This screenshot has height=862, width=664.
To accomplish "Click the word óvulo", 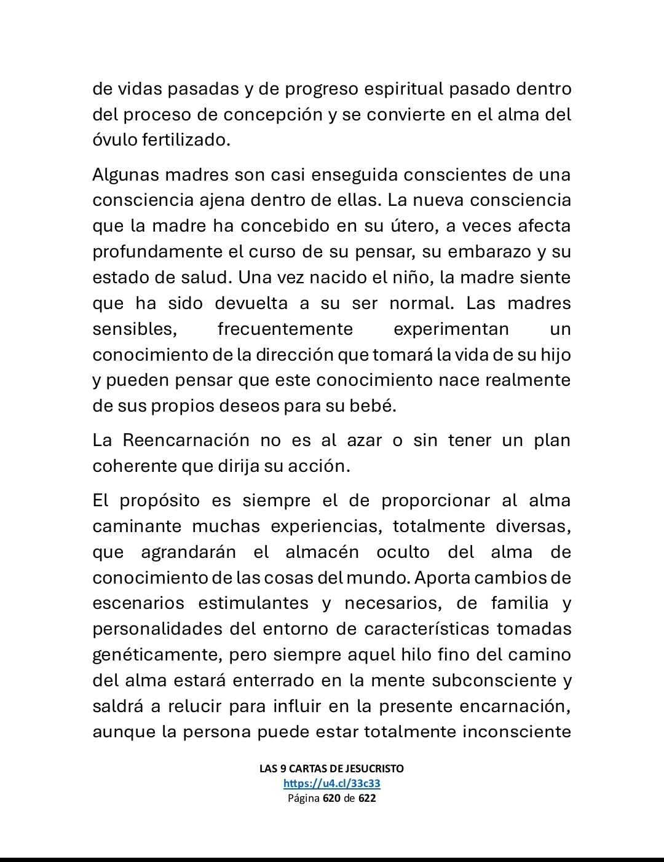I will tap(115, 140).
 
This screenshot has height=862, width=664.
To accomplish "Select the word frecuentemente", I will tap(285, 329).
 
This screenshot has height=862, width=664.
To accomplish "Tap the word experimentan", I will tap(451, 329).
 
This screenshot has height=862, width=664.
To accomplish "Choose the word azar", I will tap(365, 441).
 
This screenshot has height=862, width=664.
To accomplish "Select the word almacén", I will tap(322, 552).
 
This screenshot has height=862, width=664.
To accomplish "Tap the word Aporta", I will tap(442, 578).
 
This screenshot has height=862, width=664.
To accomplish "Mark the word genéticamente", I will tap(158, 655).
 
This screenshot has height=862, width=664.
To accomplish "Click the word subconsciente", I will tap(494, 681).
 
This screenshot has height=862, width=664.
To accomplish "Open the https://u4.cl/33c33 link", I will tap(332, 783).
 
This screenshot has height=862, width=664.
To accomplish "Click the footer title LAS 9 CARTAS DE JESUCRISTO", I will tap(332, 769).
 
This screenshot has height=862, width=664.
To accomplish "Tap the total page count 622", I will tap(367, 799).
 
